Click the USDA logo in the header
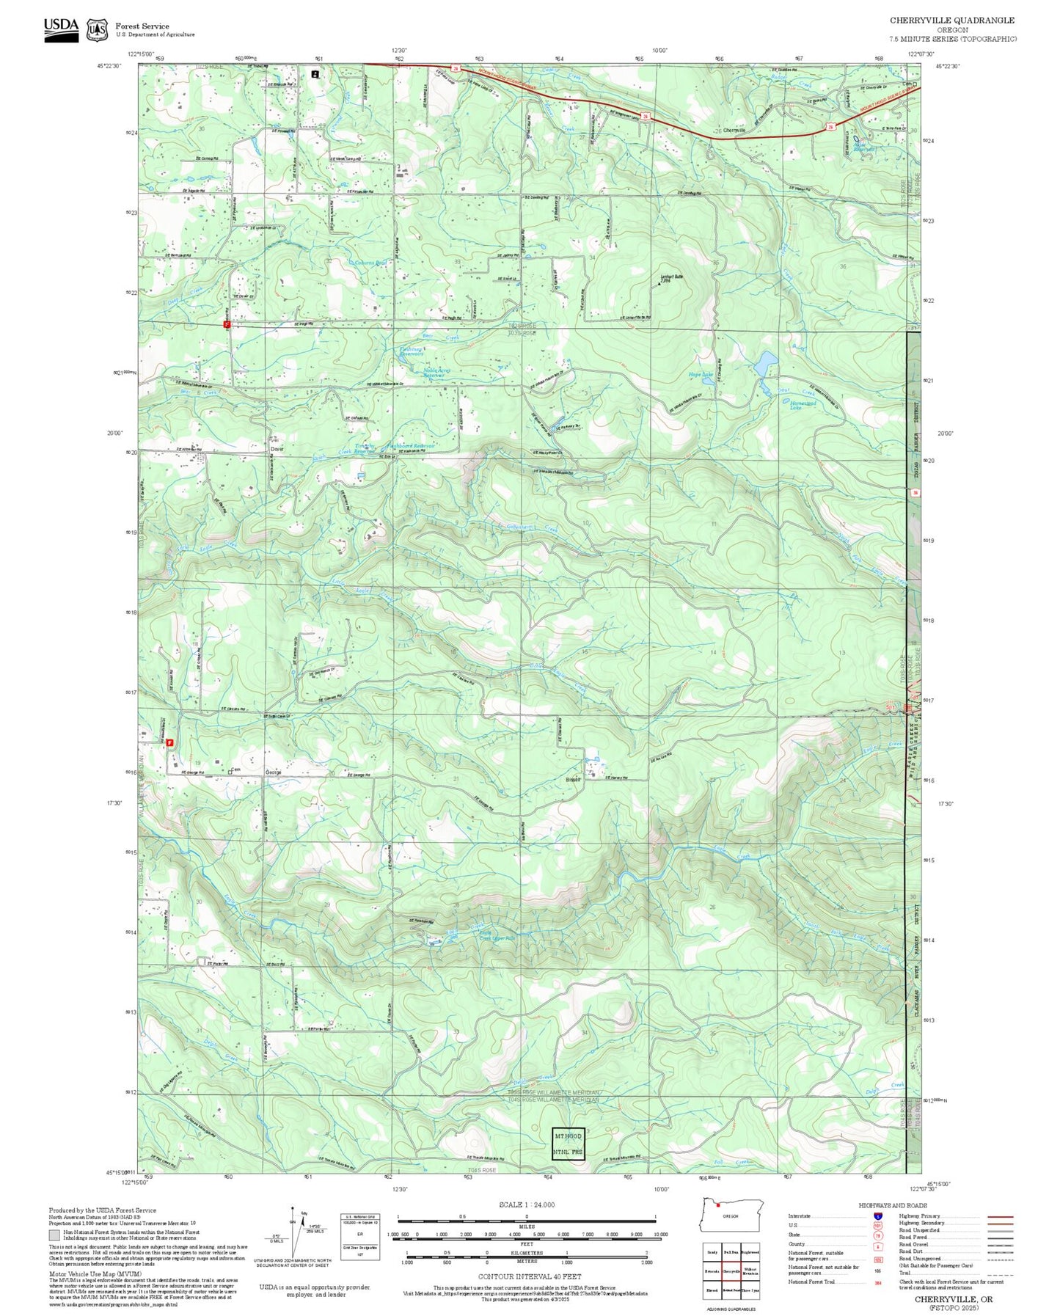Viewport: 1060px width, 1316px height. [61, 29]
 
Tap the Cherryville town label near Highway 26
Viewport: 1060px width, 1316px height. [734, 131]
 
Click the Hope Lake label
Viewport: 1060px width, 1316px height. [700, 375]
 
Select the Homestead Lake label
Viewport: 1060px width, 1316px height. [803, 405]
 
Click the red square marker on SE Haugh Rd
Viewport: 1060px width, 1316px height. [227, 323]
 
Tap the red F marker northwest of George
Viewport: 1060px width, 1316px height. [170, 742]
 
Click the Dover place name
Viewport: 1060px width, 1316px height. [277, 448]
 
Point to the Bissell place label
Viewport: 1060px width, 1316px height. [573, 779]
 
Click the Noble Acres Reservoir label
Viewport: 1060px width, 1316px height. [436, 373]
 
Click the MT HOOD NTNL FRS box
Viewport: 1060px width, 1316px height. [568, 1143]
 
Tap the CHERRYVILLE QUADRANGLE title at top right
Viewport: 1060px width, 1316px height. [952, 21]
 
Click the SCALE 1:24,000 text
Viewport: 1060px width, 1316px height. [526, 1204]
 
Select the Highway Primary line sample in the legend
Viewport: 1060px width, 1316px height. [1001, 1216]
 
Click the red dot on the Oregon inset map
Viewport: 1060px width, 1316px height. [718, 1204]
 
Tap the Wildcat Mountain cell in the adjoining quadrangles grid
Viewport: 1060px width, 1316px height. [750, 1271]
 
